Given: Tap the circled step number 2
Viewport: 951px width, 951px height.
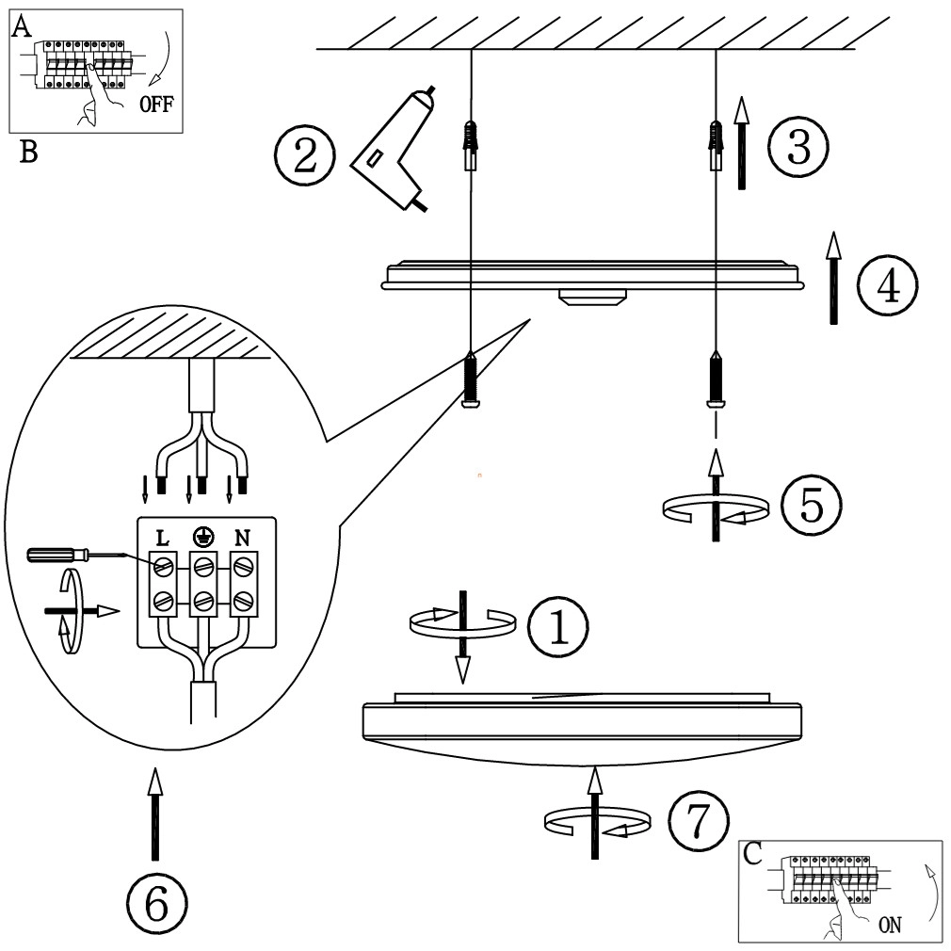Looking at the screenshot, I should (x=304, y=155).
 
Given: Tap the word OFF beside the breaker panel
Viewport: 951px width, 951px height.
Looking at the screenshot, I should (x=155, y=105).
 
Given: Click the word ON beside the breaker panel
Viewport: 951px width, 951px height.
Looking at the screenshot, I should (x=890, y=925).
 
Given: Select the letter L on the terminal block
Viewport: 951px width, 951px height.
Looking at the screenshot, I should (x=162, y=539).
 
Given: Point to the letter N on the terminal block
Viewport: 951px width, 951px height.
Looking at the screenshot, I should (x=242, y=539).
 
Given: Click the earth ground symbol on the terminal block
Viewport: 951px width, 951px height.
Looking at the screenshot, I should (x=201, y=537).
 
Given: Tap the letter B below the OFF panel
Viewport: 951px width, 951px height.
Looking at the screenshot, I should (x=28, y=153).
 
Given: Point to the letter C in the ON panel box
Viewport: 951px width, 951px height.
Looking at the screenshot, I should (x=753, y=853).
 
